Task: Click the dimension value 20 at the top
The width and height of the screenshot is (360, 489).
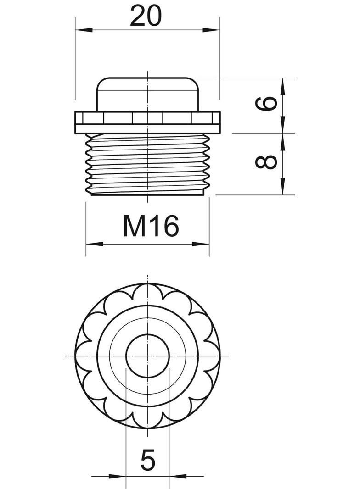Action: (x=146, y=16)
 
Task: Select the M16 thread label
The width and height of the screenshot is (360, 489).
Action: (x=150, y=226)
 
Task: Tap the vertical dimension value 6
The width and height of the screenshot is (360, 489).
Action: (x=268, y=104)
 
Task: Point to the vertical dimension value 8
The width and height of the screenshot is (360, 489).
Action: (x=268, y=161)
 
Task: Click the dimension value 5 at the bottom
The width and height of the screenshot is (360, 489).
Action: (x=147, y=460)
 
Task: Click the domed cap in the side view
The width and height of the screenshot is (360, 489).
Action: (x=147, y=94)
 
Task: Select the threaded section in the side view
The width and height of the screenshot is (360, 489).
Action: (x=147, y=165)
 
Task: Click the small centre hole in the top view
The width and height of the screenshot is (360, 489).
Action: (x=147, y=356)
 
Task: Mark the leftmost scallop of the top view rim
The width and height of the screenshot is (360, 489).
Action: (x=83, y=356)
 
